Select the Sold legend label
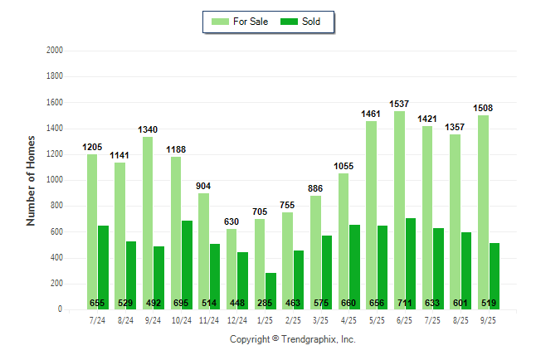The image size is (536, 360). tap(311, 22)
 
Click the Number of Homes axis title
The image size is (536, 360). tap(31, 180)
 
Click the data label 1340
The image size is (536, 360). tap(148, 129)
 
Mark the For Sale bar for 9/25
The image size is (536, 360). tap(483, 212)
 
